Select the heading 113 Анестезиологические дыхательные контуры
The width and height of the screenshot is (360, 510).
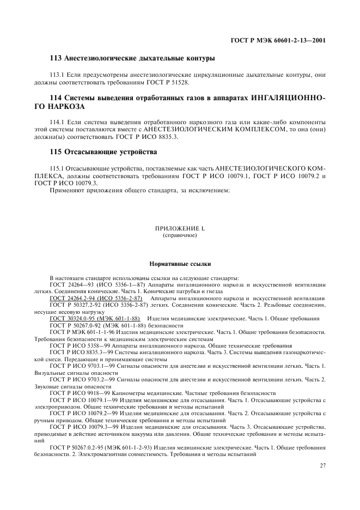[139, 58]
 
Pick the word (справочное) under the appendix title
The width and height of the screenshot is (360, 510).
[179, 236]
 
